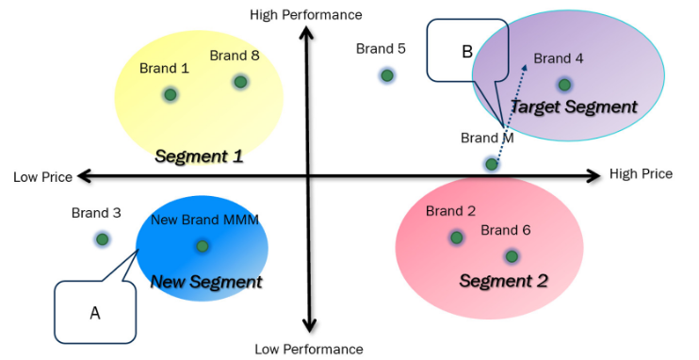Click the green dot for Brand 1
[171, 93]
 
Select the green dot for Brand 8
[240, 82]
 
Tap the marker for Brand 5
[386, 74]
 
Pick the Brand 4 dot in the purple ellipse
[564, 84]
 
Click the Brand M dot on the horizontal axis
[491, 164]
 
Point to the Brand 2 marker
[456, 237]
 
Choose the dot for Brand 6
[512, 255]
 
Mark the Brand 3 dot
[102, 238]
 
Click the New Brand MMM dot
[202, 246]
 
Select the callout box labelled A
[94, 312]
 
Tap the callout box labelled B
[466, 52]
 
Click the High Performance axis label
[306, 14]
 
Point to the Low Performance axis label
[308, 350]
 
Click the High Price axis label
[641, 174]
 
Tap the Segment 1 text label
[199, 156]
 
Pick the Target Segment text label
[573, 107]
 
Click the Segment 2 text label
[503, 281]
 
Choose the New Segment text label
[206, 281]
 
